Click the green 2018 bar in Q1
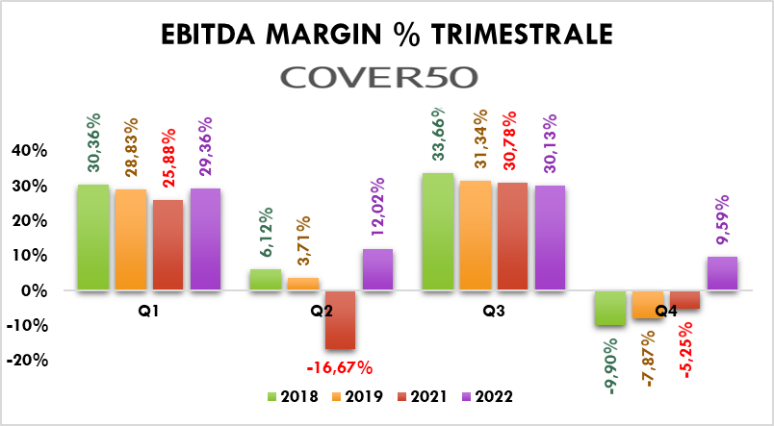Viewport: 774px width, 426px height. pyautogui.click(x=93, y=237)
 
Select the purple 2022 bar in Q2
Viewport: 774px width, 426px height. pyautogui.click(x=377, y=269)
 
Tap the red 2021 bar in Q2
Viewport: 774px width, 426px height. pyautogui.click(x=340, y=319)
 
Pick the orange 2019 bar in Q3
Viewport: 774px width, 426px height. pyautogui.click(x=475, y=235)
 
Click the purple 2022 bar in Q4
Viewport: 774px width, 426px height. pyautogui.click(x=722, y=273)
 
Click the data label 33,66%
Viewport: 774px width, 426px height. pyautogui.click(x=438, y=132)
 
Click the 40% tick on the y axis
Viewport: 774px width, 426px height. pyautogui.click(x=28, y=151)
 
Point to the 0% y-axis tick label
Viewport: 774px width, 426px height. pyautogui.click(x=34, y=290)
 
